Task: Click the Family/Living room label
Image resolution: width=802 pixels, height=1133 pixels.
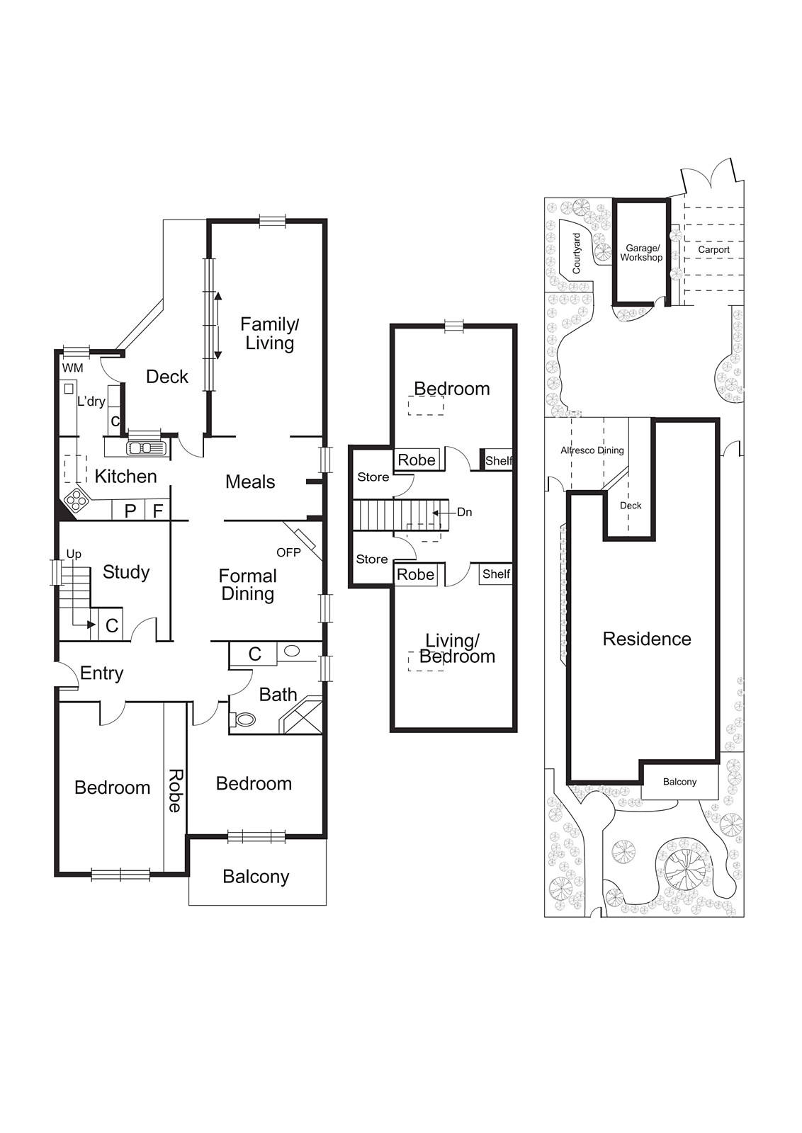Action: click(x=269, y=334)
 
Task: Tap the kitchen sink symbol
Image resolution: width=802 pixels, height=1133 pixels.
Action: click(x=146, y=448)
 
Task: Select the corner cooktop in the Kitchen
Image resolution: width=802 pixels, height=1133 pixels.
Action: click(x=75, y=501)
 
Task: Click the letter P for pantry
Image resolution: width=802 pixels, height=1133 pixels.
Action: click(x=130, y=511)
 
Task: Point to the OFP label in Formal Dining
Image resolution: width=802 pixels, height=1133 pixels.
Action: click(x=288, y=552)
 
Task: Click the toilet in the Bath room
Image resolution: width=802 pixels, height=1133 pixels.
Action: click(x=244, y=719)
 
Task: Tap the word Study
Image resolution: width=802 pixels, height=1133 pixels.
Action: click(x=126, y=572)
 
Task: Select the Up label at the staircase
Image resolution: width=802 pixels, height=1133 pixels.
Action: click(x=74, y=554)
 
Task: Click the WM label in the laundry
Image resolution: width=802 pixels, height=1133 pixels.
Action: click(x=72, y=368)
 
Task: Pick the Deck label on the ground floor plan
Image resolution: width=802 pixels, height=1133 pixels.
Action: click(x=167, y=377)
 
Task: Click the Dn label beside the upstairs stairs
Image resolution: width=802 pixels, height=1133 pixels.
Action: click(x=464, y=512)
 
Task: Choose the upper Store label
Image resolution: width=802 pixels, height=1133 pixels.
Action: click(x=373, y=477)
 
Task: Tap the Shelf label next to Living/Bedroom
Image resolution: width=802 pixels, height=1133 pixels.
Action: click(x=496, y=574)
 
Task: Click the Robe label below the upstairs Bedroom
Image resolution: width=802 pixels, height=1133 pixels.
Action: click(x=417, y=460)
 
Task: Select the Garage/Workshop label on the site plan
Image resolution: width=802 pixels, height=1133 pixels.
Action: click(x=641, y=253)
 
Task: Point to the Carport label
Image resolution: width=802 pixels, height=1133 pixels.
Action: click(x=713, y=250)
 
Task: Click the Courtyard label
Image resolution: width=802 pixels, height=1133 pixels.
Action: click(x=576, y=254)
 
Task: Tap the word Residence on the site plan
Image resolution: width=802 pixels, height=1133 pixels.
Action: click(x=646, y=639)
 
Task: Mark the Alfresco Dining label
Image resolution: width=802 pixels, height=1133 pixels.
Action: click(x=592, y=450)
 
